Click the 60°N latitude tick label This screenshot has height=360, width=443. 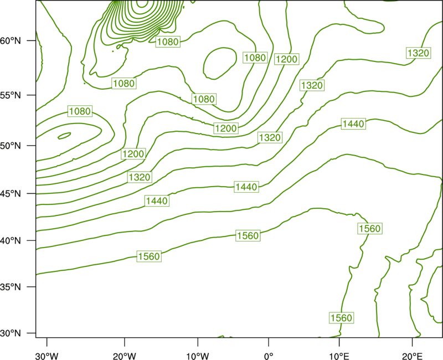pos(11,40)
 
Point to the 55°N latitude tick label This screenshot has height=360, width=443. pos(11,95)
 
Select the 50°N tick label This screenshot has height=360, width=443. pos(11,146)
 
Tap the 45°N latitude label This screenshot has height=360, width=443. pos(11,193)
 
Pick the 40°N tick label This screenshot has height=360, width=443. pos(11,241)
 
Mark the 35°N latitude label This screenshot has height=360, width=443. pos(11,287)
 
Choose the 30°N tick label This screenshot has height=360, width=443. pos(11,333)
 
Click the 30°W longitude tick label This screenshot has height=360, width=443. pos(47,356)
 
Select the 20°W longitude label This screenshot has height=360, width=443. pos(124,356)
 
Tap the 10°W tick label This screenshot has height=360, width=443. pos(198,356)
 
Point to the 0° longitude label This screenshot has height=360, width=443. pos(269,356)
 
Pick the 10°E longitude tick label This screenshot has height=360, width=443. pos(339,356)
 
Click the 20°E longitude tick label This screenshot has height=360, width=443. pos(412,356)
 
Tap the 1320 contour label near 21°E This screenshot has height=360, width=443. pos(419,53)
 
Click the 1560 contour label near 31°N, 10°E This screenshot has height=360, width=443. pos(342,318)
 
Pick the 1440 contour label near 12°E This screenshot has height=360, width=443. pos(353,124)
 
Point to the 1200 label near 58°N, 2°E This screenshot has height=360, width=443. pos(287,59)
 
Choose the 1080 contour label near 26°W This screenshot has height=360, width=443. pos(80,111)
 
